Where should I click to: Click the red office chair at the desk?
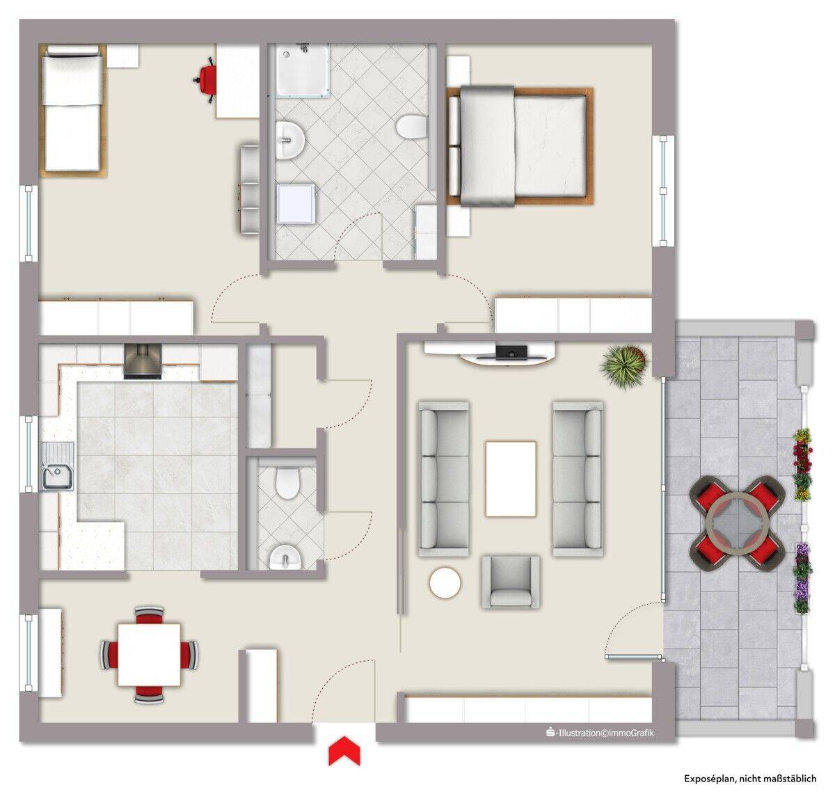(x=205, y=80)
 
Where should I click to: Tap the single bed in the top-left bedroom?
(x=73, y=111)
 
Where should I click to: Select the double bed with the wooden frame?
(x=520, y=146)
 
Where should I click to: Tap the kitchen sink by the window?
(x=58, y=466)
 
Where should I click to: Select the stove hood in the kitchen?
(x=143, y=361)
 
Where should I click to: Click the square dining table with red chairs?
(x=149, y=655)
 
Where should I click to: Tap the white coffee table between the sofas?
(x=511, y=479)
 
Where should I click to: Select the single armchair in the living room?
(x=511, y=582)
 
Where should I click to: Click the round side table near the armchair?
(x=445, y=582)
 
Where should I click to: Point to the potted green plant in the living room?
(x=624, y=366)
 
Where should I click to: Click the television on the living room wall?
(x=511, y=351)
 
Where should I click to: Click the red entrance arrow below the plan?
(x=344, y=751)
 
